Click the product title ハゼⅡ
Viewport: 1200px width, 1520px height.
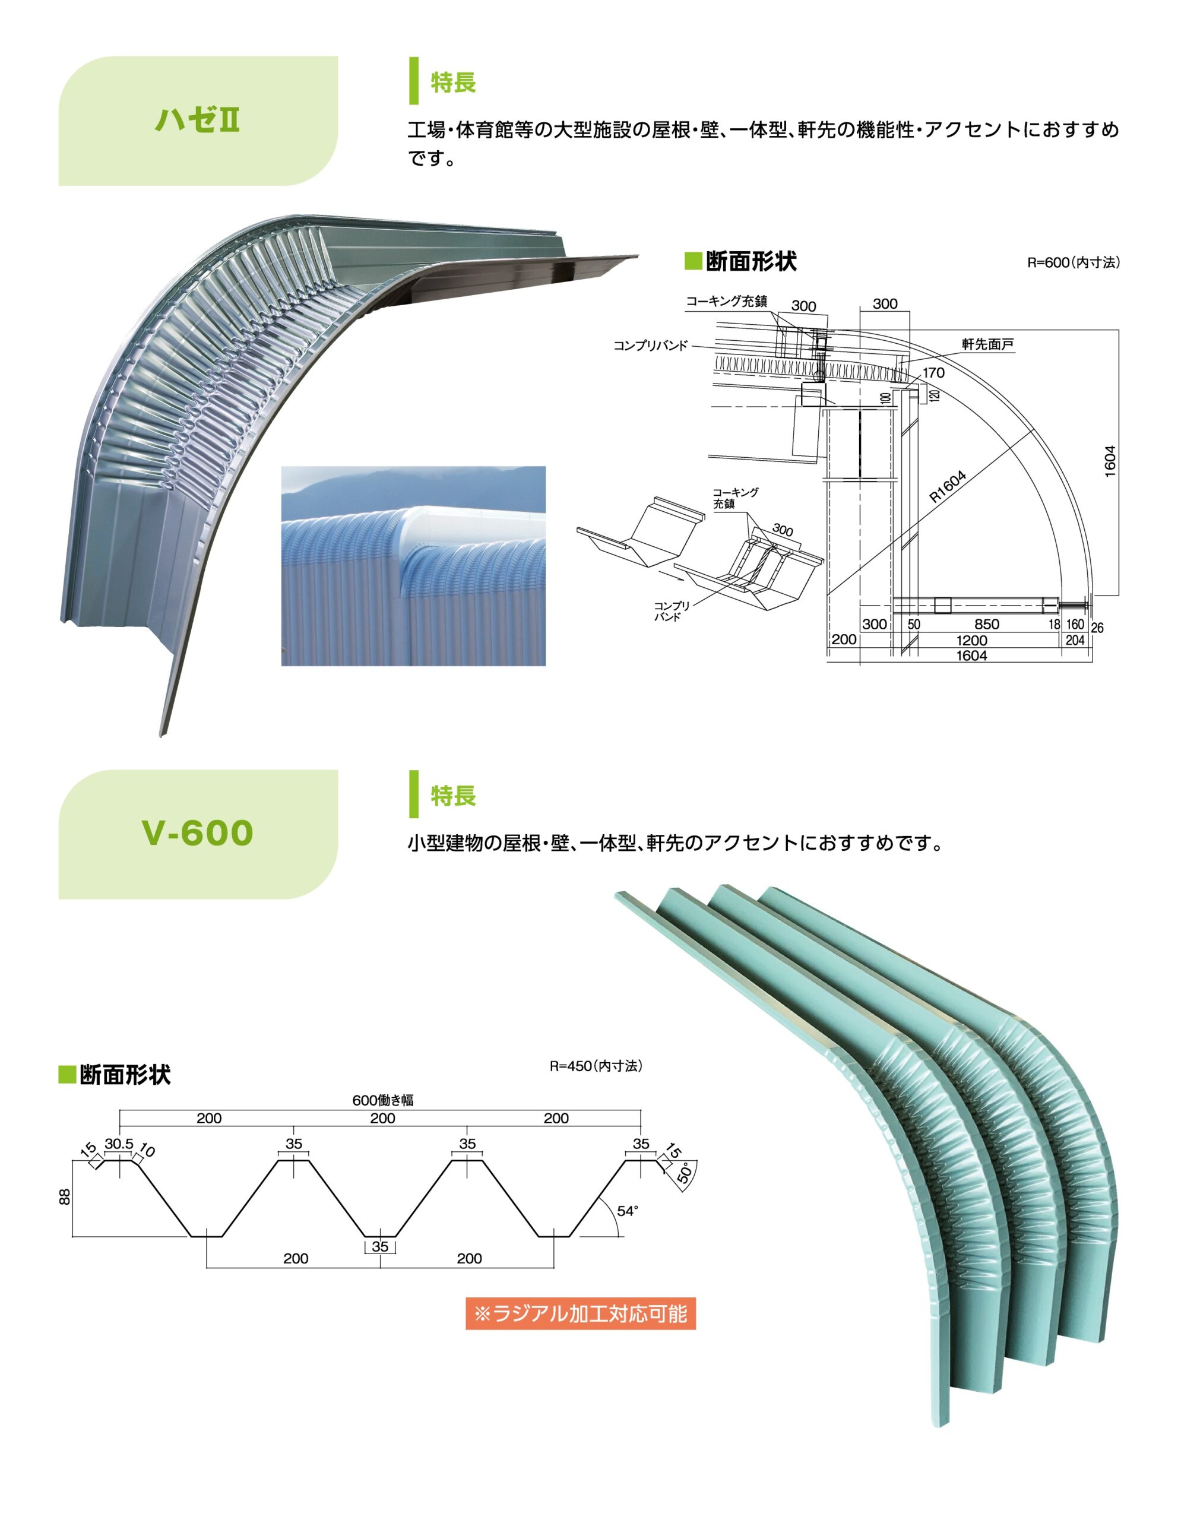[x=197, y=120]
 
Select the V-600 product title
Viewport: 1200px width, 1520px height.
[x=197, y=833]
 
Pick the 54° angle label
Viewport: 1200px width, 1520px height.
[x=628, y=1210]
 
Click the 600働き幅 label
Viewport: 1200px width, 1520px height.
[x=383, y=1101]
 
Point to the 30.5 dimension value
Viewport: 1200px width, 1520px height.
[x=119, y=1144]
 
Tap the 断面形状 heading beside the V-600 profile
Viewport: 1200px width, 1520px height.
[x=124, y=1075]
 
